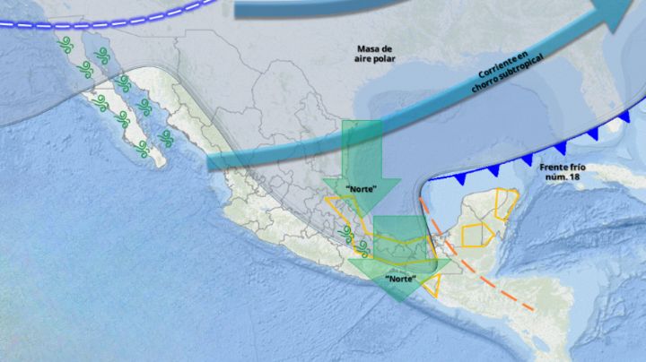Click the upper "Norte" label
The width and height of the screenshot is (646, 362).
click(x=362, y=187)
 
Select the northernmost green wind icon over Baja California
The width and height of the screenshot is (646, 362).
click(x=65, y=43)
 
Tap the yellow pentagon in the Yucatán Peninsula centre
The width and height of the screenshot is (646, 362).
click(x=473, y=234)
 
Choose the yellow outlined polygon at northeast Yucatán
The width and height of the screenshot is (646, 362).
click(x=507, y=205)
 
